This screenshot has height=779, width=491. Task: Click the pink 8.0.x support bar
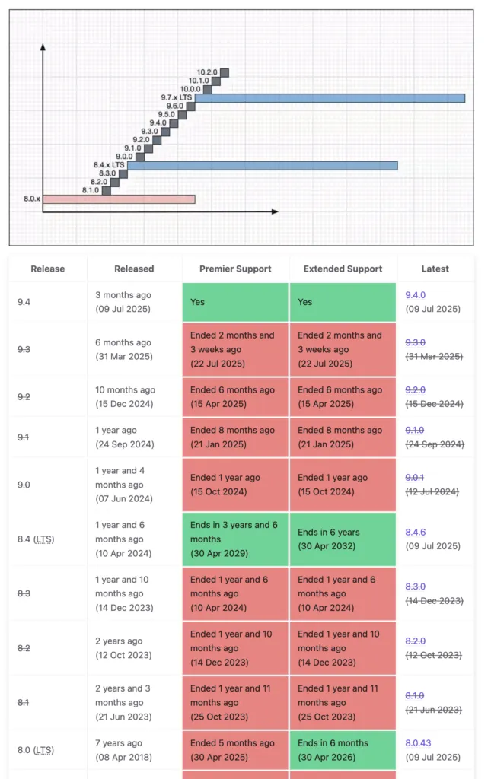coord(119,199)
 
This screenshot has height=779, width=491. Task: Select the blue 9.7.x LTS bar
coord(330,97)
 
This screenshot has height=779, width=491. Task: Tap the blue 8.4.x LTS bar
coord(262,165)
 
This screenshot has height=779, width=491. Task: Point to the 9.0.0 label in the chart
coord(124,157)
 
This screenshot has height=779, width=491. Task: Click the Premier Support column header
coord(235,269)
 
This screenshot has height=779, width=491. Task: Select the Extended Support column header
coord(343,269)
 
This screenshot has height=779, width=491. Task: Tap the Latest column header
coord(435,269)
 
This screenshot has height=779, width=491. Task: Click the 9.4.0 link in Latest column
coord(415,294)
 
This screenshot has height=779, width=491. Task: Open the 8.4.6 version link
coord(415,532)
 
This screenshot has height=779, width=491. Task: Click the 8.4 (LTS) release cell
coord(36,539)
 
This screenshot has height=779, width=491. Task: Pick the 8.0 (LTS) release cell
coord(36,750)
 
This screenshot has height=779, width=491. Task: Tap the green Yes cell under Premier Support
coord(235,302)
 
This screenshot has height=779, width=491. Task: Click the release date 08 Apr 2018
coord(123,757)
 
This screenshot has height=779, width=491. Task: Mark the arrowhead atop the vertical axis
coord(43,47)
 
